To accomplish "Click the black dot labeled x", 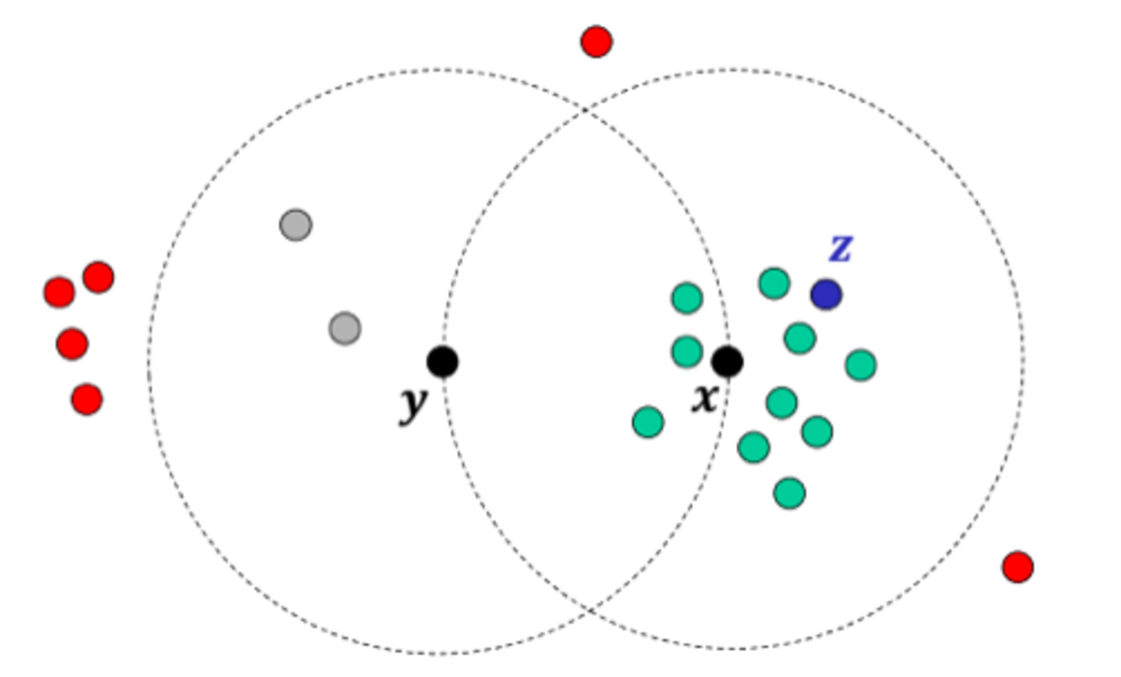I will pos(727,361).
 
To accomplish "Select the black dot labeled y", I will pos(443,361).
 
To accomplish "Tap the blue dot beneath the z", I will pos(826,294).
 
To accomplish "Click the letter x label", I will pos(704,398).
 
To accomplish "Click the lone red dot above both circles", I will pos(596,41).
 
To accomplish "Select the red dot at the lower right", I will pos(1018,567).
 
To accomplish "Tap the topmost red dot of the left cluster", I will pos(98,277).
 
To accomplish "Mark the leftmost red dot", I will pos(59,292).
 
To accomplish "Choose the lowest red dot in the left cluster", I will pos(87,399).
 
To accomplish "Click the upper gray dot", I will pos(296,225).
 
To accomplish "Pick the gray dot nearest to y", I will pos(345,328).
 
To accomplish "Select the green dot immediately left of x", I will pos(687,352).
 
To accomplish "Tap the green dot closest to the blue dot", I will pos(774,283).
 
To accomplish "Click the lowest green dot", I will pos(789,493).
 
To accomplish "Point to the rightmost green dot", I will pos(861,365).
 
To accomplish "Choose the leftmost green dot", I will pos(648,422).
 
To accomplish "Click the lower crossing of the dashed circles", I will pos(588,612).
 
